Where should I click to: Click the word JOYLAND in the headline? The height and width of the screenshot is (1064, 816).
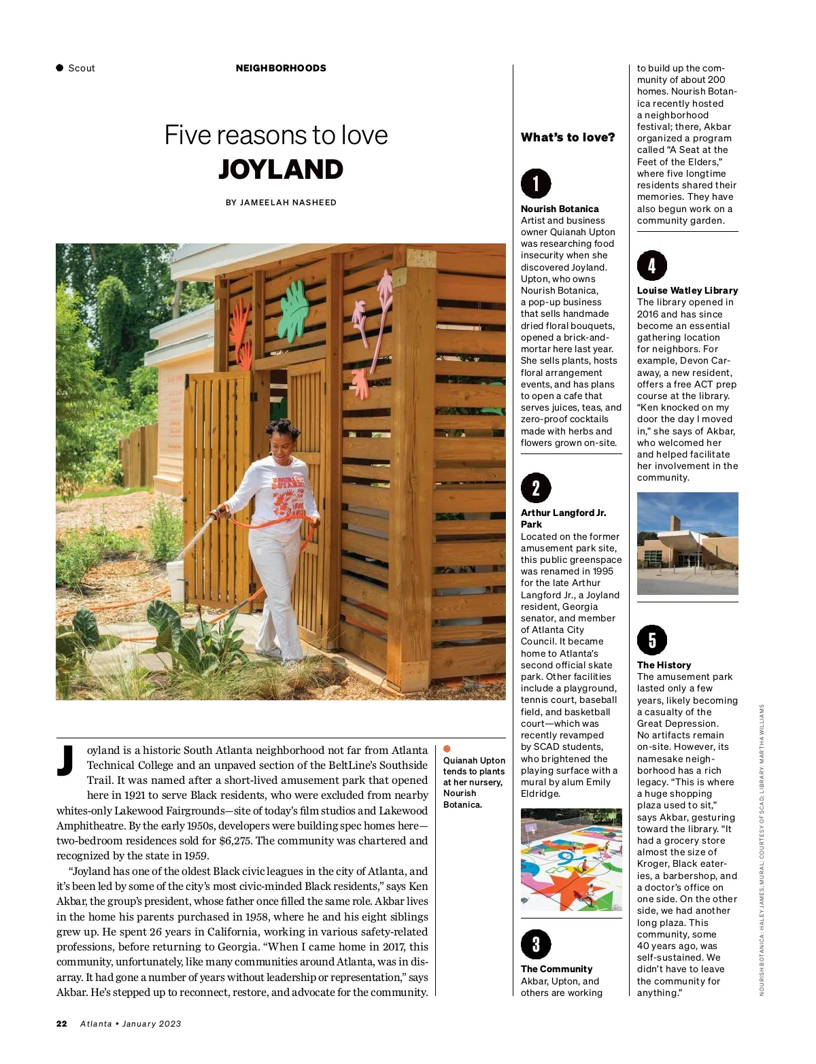[x=281, y=169]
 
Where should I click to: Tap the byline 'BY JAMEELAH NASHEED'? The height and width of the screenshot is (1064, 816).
[x=281, y=203]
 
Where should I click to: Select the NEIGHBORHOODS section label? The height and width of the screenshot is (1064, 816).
[x=281, y=68]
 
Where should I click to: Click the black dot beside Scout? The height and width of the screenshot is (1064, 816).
[x=60, y=68]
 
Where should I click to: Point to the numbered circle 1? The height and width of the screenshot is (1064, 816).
[x=536, y=184]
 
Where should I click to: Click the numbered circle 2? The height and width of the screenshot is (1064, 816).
[x=536, y=487]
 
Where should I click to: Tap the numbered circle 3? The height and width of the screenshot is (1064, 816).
[x=536, y=944]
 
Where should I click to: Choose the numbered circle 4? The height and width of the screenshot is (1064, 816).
[x=651, y=265]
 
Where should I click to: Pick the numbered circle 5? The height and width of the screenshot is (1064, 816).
[x=651, y=640]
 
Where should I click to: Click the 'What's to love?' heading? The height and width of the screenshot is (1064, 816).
[x=568, y=137]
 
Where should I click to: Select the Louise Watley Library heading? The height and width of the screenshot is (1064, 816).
[x=687, y=290]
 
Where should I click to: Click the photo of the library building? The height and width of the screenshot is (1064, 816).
[x=687, y=543]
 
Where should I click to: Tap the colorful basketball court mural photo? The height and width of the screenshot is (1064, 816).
[x=571, y=859]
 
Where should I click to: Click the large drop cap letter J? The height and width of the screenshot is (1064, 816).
[x=66, y=761]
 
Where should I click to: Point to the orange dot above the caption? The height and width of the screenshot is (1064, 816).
[x=447, y=749]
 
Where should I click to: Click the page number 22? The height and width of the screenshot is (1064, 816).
[x=62, y=1024]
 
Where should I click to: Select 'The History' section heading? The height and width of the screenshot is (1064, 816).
[x=664, y=665]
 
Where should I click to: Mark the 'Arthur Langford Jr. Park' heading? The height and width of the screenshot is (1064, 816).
[x=563, y=518]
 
